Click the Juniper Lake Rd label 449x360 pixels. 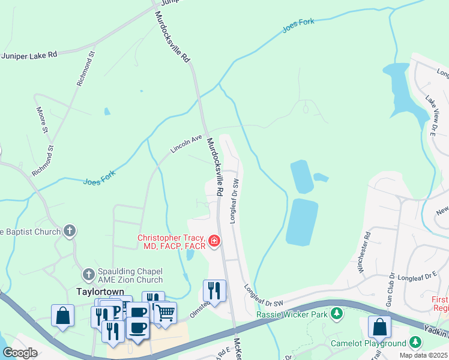tap(29, 55)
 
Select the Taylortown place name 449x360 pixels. tap(100, 292)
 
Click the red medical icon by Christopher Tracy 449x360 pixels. tap(214, 242)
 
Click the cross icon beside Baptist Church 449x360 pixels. tap(70, 231)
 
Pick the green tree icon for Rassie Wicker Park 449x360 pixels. tap(337, 314)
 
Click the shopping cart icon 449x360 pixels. tap(165, 312)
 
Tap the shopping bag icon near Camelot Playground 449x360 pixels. tap(379, 327)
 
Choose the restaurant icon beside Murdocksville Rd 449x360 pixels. tap(214, 290)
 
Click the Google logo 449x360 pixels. tap(20, 353)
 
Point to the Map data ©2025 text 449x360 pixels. tap(423, 355)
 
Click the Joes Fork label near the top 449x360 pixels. tap(298, 23)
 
